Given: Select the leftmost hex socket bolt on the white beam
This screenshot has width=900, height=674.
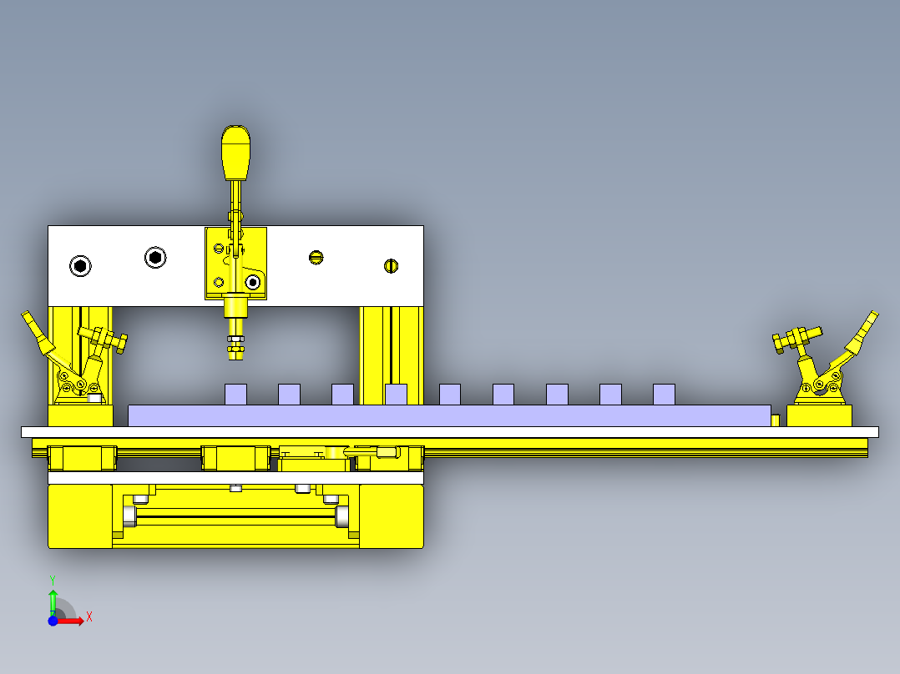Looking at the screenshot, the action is pos(80,266).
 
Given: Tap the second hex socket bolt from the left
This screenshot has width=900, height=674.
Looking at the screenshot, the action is pos(155,258).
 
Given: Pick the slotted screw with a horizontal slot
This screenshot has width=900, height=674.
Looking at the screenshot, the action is pos(316,258).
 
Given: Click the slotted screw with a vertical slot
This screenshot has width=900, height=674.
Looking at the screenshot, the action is pos(391,266).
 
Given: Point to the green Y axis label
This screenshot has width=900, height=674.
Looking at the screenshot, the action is pos(53,581).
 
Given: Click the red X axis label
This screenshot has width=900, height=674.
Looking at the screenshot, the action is pos(89,617).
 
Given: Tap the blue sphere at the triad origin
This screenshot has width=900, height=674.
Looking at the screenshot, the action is pos(53,621).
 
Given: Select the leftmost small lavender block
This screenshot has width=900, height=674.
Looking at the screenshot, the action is pos(236,395).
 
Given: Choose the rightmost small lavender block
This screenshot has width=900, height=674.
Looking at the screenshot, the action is pos(664,395).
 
